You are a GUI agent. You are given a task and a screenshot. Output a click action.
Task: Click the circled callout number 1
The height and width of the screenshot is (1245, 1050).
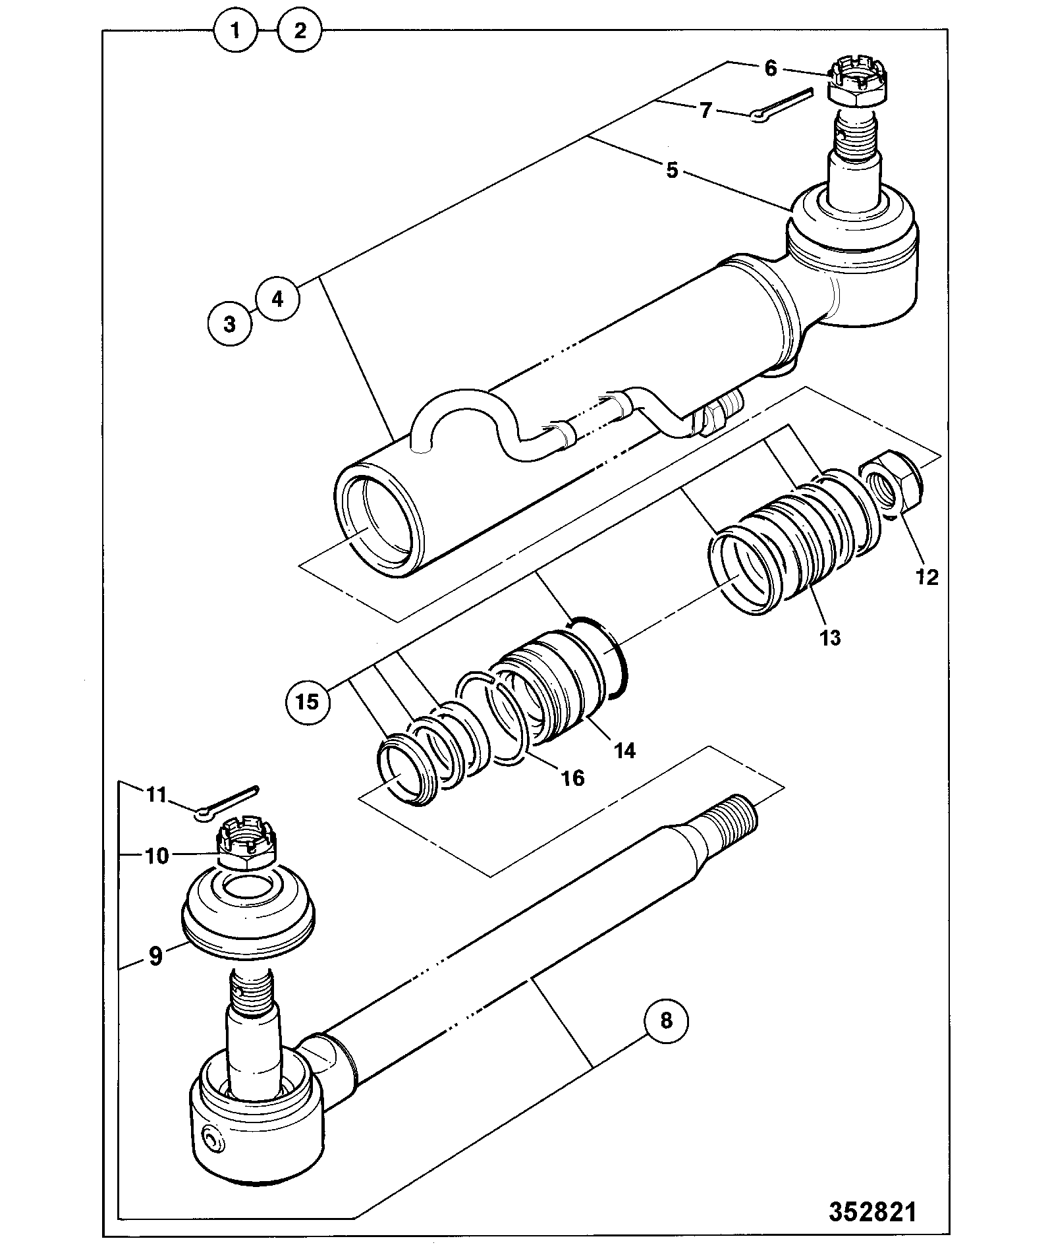pos(235,30)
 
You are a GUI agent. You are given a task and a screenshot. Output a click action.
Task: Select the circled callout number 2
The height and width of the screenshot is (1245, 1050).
pos(300,30)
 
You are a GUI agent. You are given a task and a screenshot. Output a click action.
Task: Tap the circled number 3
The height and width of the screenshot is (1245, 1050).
pos(229,324)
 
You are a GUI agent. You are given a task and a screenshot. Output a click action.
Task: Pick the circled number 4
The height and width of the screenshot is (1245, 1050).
pos(277,299)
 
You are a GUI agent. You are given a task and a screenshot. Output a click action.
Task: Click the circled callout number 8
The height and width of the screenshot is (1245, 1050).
pos(666,1039)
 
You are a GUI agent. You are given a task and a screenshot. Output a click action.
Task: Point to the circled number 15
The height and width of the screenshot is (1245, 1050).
pos(308,701)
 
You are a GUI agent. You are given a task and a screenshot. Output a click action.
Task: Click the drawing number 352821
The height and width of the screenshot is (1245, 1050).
pos(872,1211)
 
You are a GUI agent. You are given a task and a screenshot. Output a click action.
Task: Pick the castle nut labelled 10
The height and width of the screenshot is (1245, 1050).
pos(247,844)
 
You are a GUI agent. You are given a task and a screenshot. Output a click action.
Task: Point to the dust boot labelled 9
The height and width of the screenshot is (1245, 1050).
pos(248,906)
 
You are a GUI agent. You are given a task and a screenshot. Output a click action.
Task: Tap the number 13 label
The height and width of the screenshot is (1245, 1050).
pos(830,637)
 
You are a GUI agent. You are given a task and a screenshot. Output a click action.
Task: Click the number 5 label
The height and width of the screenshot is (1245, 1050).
pos(671,170)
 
